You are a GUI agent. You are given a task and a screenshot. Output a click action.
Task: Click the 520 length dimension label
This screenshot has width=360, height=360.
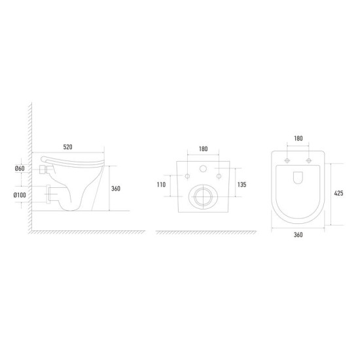(x=67, y=147)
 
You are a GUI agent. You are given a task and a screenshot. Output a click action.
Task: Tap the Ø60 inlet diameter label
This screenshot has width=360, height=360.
(x=20, y=168)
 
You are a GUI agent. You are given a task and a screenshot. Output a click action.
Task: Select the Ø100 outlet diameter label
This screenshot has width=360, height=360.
(x=20, y=195)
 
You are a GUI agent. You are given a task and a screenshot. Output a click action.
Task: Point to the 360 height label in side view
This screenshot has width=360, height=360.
(x=116, y=189)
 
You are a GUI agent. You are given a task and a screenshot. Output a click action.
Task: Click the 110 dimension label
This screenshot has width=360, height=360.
(x=161, y=185)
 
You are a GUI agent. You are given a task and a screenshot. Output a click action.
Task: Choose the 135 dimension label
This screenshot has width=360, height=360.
(x=242, y=185)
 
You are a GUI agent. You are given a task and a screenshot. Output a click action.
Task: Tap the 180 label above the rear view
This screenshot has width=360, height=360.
(x=203, y=149)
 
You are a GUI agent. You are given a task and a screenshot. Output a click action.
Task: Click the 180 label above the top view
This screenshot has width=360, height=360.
(x=298, y=139)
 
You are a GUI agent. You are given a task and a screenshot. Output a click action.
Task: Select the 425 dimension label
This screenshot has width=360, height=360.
(x=338, y=193)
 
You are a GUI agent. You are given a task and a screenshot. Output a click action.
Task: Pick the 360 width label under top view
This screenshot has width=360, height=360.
(x=298, y=234)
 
